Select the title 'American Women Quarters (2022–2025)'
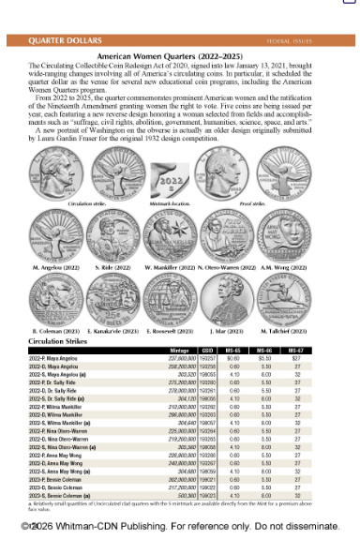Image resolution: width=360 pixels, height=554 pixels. [179, 56]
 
